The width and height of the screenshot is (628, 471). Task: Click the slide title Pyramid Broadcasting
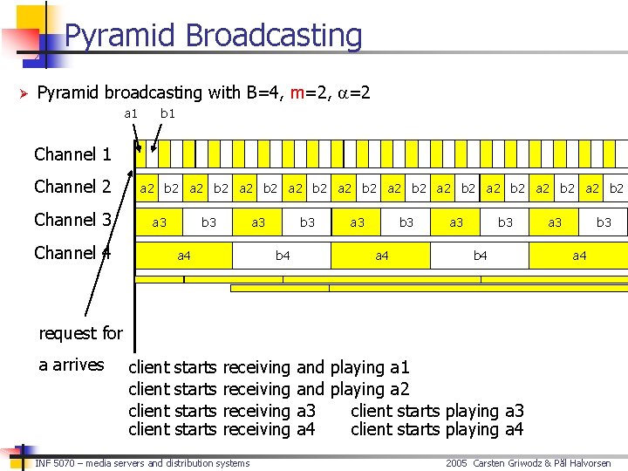[x=213, y=36]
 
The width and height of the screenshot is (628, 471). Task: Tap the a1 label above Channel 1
[x=131, y=113]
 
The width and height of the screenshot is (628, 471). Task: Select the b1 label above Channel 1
[x=167, y=113]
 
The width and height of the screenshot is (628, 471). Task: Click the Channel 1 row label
[x=72, y=155]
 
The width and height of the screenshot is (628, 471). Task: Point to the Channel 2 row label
[x=72, y=187]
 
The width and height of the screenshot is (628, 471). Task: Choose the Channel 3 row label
[x=72, y=220]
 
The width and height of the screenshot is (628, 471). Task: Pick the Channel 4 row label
[x=72, y=253]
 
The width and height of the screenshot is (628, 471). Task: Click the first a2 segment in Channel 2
[x=147, y=188]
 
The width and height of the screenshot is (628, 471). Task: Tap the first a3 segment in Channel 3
[x=160, y=222]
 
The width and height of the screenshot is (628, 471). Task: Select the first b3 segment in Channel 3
[x=209, y=222]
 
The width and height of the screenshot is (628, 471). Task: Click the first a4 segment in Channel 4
[x=184, y=256]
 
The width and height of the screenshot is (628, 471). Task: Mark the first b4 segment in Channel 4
[x=283, y=256]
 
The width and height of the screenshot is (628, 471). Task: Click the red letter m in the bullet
[x=297, y=92]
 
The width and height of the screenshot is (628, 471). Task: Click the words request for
[x=81, y=333]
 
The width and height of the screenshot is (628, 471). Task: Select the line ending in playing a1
[x=269, y=368]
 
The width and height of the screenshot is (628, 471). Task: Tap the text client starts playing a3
[x=436, y=411]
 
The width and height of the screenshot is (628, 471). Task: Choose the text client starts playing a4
[x=436, y=429]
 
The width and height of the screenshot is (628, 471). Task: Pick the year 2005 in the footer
[x=457, y=463]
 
